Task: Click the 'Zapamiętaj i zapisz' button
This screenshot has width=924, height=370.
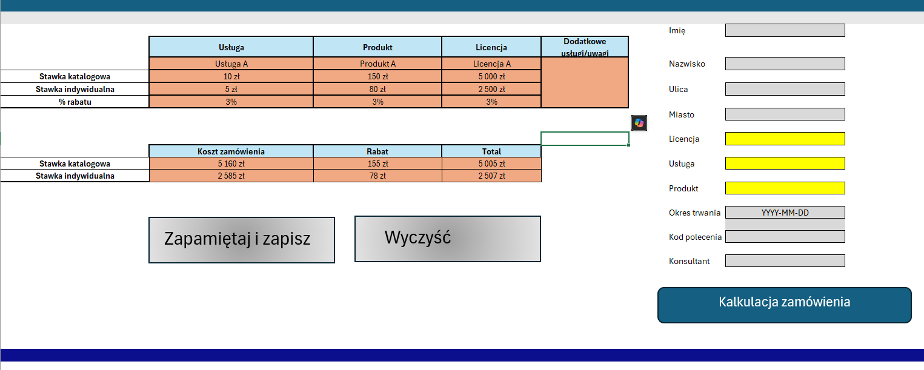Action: point(241,240)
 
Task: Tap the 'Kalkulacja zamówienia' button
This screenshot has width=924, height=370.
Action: point(784,305)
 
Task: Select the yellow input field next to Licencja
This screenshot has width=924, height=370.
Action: point(785,139)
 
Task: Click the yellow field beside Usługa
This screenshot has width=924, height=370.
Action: point(785,164)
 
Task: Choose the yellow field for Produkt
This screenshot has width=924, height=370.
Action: point(785,188)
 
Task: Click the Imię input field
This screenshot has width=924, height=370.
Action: point(785,30)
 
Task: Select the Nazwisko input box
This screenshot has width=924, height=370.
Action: point(785,64)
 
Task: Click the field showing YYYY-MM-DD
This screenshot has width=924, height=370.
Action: point(785,213)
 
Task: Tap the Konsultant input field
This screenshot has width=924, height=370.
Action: point(785,260)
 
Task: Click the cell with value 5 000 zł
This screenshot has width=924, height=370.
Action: point(491,76)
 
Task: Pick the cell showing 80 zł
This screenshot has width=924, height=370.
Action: point(377,89)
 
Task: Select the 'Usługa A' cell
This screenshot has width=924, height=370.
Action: point(231,64)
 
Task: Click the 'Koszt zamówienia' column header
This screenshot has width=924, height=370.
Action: point(231,151)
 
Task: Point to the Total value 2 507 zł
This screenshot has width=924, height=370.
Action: point(491,176)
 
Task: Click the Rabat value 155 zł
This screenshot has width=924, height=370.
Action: point(377,164)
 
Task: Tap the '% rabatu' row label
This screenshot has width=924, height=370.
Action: point(75,102)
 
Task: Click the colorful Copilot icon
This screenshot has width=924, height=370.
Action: point(639,123)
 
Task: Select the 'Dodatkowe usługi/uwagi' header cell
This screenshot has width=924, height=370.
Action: point(585,47)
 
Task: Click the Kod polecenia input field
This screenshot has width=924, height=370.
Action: point(785,237)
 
